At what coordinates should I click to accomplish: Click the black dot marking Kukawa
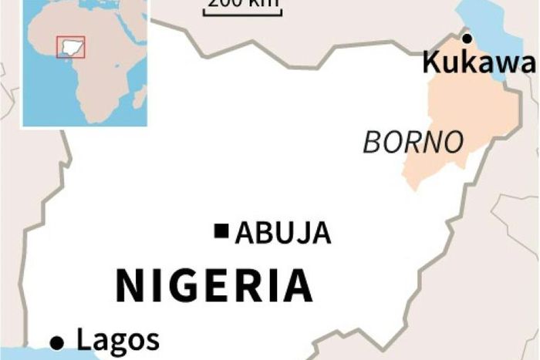pyautogui.click(x=466, y=36)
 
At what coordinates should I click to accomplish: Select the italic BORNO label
pyautogui.click(x=413, y=142)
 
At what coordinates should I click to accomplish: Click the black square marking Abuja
pyautogui.click(x=222, y=230)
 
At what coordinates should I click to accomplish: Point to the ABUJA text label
pyautogui.click(x=283, y=232)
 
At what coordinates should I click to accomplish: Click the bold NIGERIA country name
pyautogui.click(x=214, y=284)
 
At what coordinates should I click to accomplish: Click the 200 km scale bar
pyautogui.click(x=242, y=10)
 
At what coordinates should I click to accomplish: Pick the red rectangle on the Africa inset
pyautogui.click(x=70, y=48)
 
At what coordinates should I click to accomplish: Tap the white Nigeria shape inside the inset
pyautogui.click(x=70, y=47)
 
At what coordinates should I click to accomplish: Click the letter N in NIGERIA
pyautogui.click(x=128, y=285)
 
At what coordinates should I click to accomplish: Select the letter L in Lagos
pyautogui.click(x=83, y=339)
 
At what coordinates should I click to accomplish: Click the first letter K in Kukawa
pyautogui.click(x=431, y=62)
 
